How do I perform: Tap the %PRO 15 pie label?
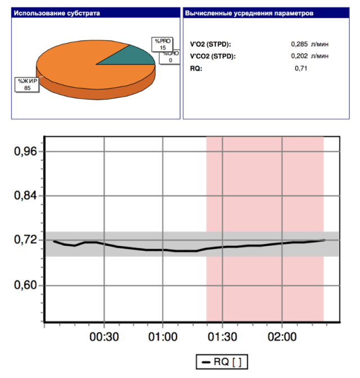(x=163, y=44)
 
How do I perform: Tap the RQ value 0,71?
(x=303, y=68)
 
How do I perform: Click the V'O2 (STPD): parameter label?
(x=211, y=44)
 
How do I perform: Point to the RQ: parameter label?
(x=196, y=68)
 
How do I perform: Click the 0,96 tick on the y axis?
(x=25, y=152)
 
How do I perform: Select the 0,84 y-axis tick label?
(x=25, y=196)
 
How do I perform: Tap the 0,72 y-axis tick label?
(x=25, y=240)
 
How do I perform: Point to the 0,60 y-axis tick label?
(x=25, y=285)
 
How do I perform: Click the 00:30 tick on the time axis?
(x=105, y=337)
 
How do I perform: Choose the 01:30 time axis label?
(x=223, y=337)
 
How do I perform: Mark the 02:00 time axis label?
(x=282, y=337)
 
